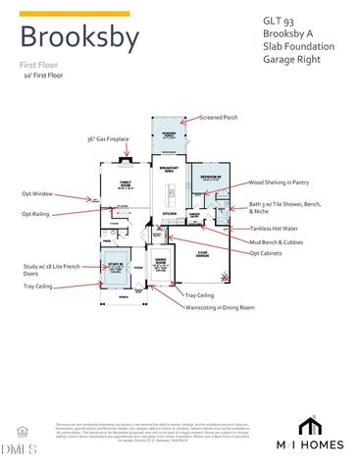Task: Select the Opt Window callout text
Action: pos(35,193)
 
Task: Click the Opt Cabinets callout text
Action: pos(269,253)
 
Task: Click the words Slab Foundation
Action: pos(296,45)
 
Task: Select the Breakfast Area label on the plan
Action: pos(168,170)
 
